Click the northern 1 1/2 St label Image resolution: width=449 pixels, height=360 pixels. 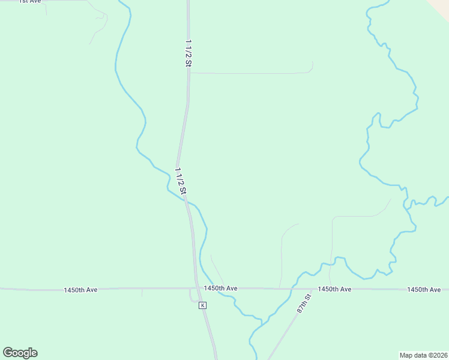pos(188,53)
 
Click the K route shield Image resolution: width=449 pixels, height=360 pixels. pos(203,305)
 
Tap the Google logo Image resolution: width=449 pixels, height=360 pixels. pos(20,353)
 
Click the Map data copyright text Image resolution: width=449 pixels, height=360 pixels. pos(423,355)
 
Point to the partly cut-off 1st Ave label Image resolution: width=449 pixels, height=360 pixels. pos(29,2)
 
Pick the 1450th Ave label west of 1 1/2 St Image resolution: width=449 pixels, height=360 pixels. pos(80,290)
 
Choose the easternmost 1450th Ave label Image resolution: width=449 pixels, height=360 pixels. pos(424,289)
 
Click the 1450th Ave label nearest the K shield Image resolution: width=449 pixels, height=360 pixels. pos(220,289)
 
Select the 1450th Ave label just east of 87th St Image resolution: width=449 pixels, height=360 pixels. pos(334,289)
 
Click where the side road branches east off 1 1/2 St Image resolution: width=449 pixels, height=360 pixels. pos(190,73)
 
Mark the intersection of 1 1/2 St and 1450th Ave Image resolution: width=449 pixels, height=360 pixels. pos(196,289)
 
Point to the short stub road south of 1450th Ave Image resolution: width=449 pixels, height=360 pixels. pos(142,293)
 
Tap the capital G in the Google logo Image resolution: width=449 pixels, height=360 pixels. pos(8,353)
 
